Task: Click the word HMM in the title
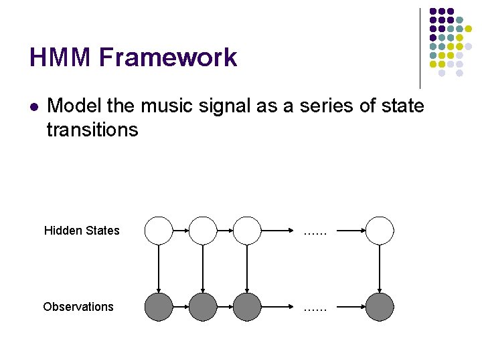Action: pyautogui.click(x=60, y=57)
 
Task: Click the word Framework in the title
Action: pyautogui.click(x=168, y=57)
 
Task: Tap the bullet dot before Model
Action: pyautogui.click(x=34, y=106)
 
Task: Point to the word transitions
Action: pyautogui.click(x=92, y=129)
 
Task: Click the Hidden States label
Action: pyautogui.click(x=82, y=231)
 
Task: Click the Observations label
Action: pyautogui.click(x=78, y=307)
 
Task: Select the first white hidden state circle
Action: pyautogui.click(x=159, y=230)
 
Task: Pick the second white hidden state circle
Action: pyautogui.click(x=203, y=230)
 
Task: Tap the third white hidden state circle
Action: pyautogui.click(x=247, y=230)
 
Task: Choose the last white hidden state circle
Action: pyautogui.click(x=380, y=230)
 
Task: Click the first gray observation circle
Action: pyautogui.click(x=159, y=307)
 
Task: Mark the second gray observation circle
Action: pyautogui.click(x=203, y=307)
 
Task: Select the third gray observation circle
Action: pyautogui.click(x=247, y=307)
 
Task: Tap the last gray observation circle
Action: pyautogui.click(x=380, y=307)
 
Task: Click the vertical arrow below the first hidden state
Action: pyautogui.click(x=159, y=268)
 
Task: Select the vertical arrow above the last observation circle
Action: pyautogui.click(x=380, y=268)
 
